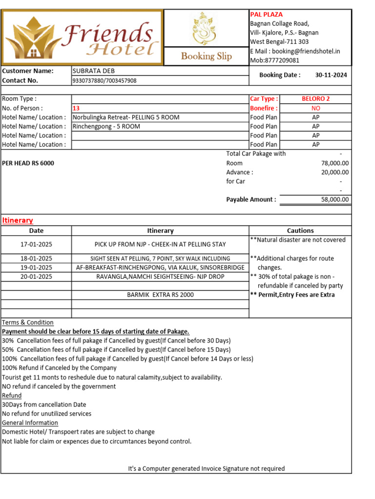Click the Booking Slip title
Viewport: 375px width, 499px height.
206,56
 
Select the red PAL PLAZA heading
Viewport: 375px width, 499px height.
266,15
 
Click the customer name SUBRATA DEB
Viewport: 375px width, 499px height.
94,71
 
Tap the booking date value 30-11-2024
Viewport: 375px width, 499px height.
331,75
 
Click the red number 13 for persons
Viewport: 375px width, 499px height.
76,108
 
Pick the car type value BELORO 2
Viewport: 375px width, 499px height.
315,98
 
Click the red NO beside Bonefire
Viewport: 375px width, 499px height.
315,108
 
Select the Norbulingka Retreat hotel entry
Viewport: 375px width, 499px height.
126,117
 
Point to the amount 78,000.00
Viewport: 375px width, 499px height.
335,163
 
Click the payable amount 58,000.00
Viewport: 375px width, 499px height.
335,199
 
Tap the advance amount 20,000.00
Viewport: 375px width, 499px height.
335,172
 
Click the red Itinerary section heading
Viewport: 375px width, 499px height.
18,220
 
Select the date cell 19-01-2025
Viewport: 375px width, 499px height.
36,268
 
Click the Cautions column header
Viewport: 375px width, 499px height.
300,230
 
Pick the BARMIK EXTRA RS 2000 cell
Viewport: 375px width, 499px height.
160,295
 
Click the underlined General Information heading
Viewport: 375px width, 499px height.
30,422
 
